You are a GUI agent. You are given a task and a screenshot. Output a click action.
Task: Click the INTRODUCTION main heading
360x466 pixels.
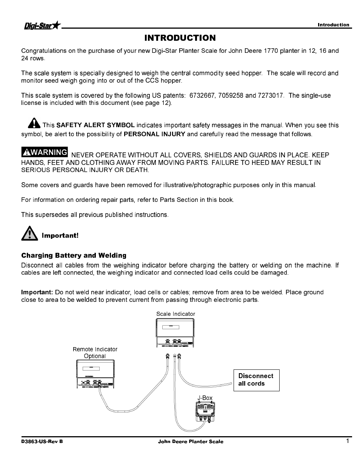(180, 38)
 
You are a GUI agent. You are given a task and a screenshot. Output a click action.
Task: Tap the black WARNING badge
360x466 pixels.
(45, 152)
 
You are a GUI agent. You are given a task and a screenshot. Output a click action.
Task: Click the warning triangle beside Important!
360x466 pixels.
(29, 233)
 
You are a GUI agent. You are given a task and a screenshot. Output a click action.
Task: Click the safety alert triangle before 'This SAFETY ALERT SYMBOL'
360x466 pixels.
(34, 123)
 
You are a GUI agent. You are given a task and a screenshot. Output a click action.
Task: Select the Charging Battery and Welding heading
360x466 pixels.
(74, 255)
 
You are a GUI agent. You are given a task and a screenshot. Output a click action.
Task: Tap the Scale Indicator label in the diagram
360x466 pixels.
(175, 314)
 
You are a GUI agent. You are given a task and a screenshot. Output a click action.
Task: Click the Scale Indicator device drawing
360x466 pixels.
(175, 333)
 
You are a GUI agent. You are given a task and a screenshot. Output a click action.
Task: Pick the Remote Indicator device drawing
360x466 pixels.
(95, 374)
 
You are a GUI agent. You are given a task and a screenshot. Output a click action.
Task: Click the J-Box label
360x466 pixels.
(205, 398)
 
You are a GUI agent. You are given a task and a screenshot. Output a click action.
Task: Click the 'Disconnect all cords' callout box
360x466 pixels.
(256, 380)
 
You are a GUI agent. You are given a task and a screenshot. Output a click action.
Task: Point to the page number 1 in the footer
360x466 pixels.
(348, 441)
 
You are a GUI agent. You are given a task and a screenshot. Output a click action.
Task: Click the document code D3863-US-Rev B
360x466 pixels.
(42, 441)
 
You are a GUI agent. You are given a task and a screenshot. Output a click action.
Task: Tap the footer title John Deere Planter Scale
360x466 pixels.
(190, 441)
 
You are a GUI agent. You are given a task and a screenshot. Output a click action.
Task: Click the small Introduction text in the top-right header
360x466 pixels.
(333, 25)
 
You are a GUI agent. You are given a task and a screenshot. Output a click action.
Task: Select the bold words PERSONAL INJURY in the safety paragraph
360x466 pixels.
(154, 134)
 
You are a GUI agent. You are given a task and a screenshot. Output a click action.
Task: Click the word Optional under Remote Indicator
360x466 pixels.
(95, 356)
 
